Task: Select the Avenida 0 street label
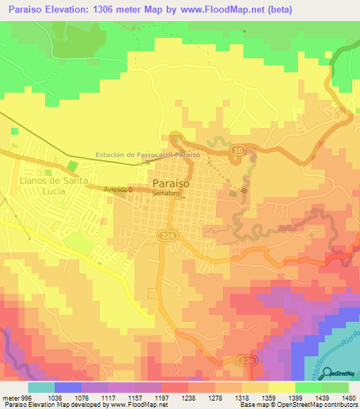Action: tap(117, 190)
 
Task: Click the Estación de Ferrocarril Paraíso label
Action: tap(148, 155)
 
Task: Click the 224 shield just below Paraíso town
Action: tap(165, 234)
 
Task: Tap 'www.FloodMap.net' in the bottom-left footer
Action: tap(131, 405)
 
